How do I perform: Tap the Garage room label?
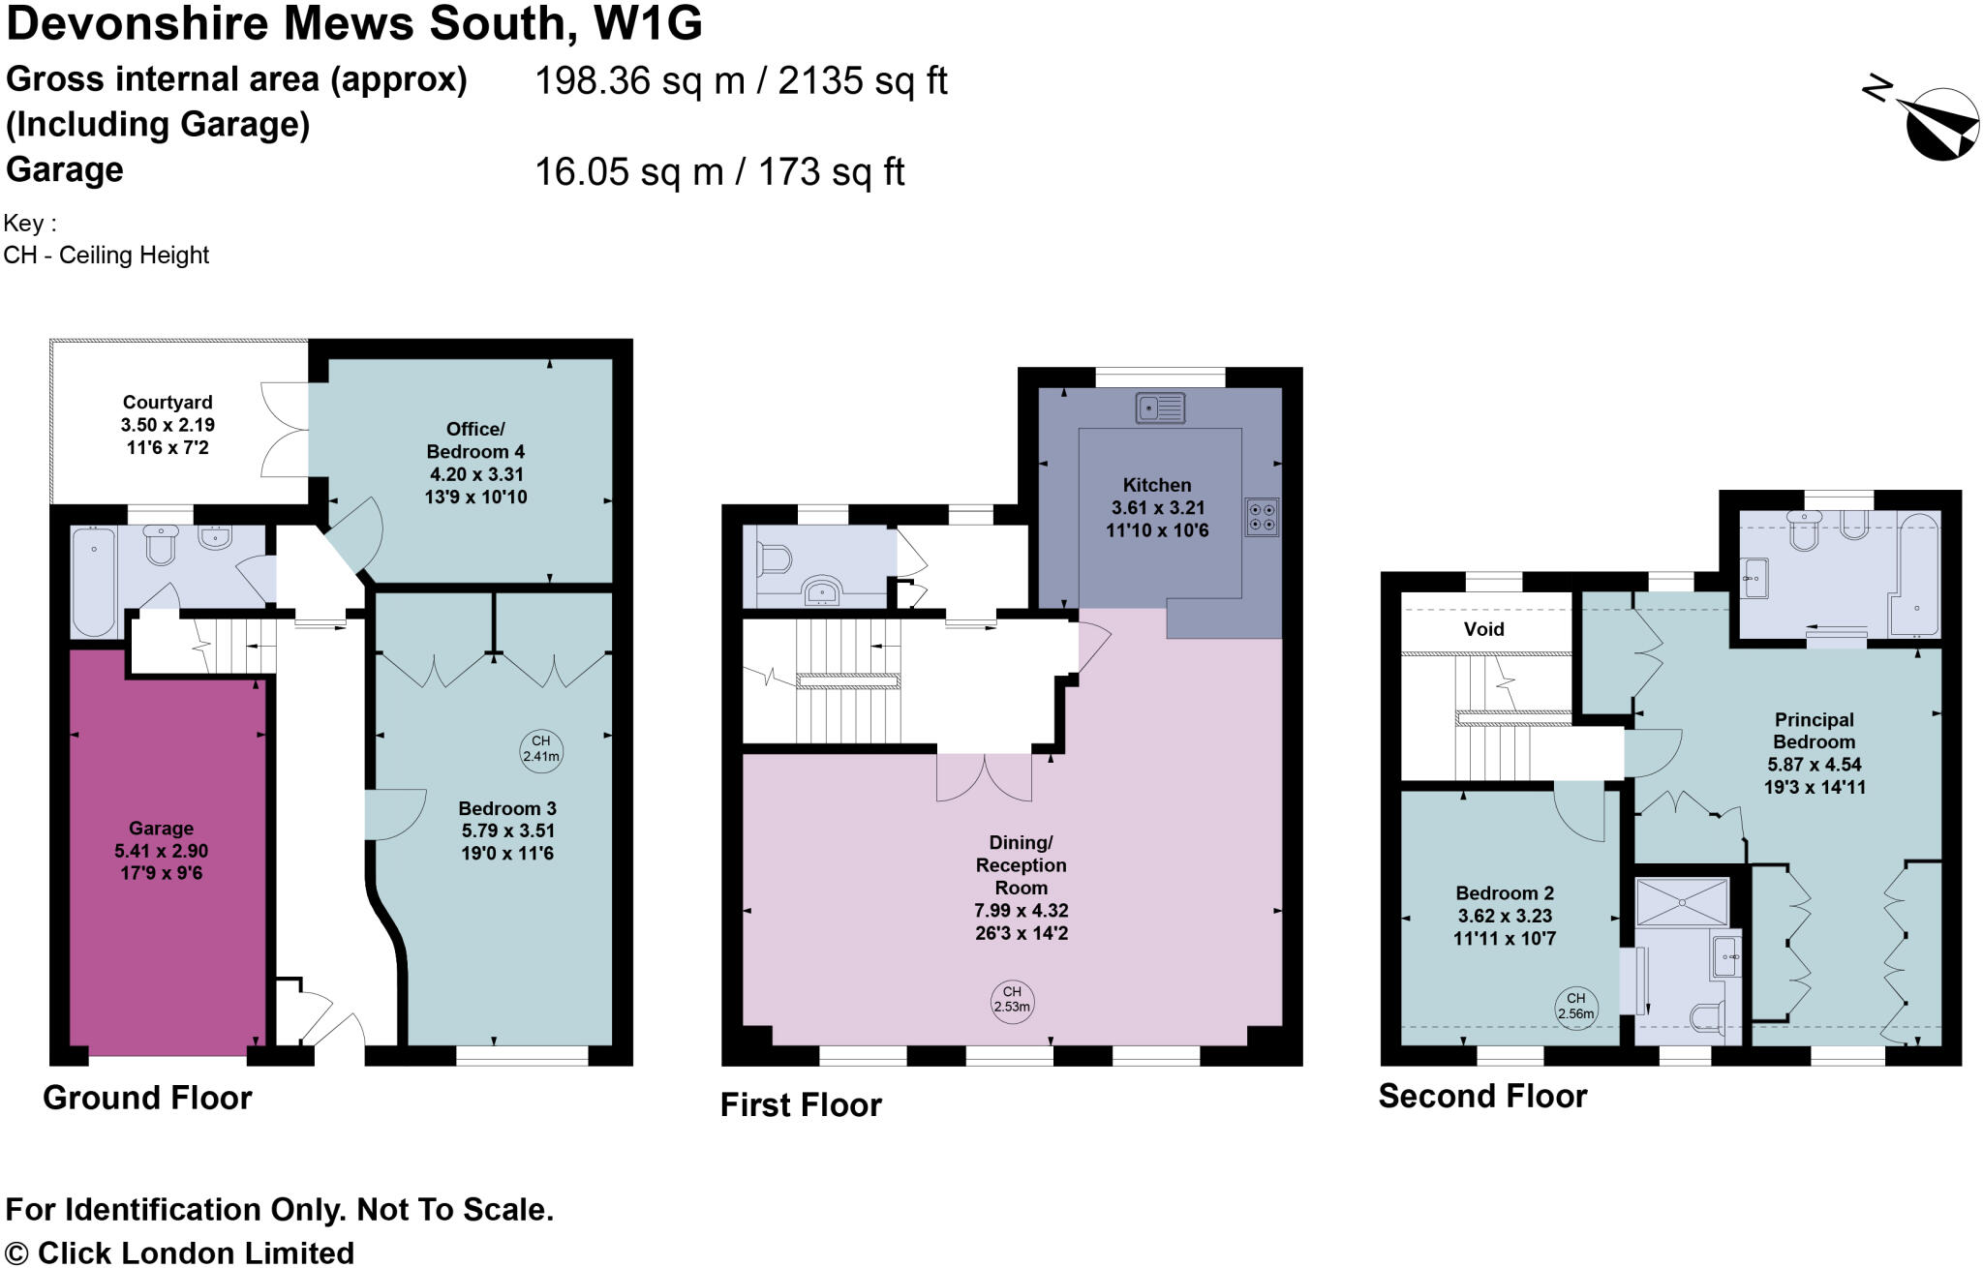click(x=161, y=829)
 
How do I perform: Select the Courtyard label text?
click(x=168, y=403)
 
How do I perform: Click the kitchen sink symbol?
click(x=1160, y=408)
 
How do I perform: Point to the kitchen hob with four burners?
click(x=1262, y=517)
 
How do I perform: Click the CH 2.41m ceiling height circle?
click(x=541, y=749)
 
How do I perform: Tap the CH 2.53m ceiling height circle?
click(x=1012, y=999)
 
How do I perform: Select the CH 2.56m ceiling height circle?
click(x=1576, y=1006)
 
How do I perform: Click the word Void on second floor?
click(x=1484, y=629)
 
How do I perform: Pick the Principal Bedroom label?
click(x=1814, y=731)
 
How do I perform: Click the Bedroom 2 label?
click(x=1505, y=893)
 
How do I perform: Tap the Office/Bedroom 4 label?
click(x=474, y=440)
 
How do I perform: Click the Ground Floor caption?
click(x=147, y=1098)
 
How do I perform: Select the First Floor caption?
click(x=801, y=1105)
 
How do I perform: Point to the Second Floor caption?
click(x=1482, y=1097)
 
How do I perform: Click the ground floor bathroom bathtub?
click(x=94, y=581)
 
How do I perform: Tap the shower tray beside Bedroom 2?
click(x=1682, y=902)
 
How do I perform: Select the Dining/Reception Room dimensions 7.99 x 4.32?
click(x=1022, y=911)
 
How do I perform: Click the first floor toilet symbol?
click(x=776, y=559)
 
